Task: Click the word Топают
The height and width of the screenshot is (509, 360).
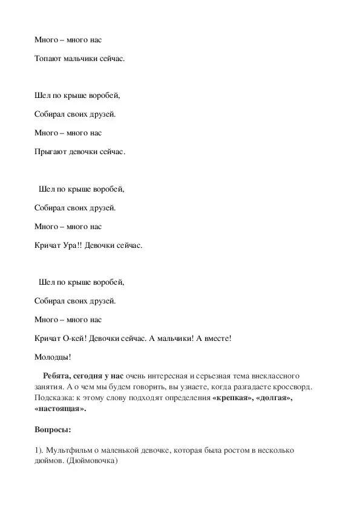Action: (48, 59)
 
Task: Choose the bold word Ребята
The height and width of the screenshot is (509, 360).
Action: (59, 376)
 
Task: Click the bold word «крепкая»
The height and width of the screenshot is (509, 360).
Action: (229, 398)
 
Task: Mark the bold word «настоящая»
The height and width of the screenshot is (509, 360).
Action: (61, 409)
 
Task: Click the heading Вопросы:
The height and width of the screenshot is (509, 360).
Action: (53, 430)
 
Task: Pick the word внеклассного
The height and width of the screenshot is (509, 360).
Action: (273, 376)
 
